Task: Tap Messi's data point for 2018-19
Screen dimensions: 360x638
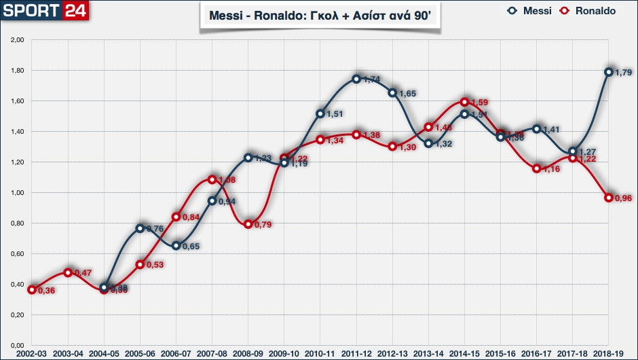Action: [609, 72]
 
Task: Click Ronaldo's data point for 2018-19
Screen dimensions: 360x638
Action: [609, 198]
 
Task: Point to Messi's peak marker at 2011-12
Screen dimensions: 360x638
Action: [356, 79]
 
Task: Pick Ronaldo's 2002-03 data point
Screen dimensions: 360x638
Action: [31, 289]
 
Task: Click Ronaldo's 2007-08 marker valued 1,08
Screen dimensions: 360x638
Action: [212, 180]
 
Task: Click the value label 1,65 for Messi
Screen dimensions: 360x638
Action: [407, 93]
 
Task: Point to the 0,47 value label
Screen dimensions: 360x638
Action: [82, 273]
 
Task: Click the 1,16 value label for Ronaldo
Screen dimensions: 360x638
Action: [552, 168]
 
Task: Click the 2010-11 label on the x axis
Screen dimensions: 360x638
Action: [320, 354]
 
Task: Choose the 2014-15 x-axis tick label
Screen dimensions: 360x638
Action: [464, 354]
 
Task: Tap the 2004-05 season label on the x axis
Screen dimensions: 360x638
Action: [103, 354]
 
